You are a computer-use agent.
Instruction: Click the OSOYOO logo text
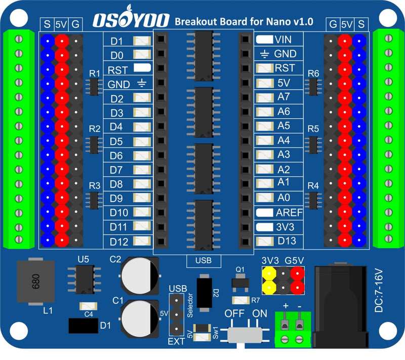pos(130,21)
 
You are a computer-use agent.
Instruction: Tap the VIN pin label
pos(282,39)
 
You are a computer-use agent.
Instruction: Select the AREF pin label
pos(289,212)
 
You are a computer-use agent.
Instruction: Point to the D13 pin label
pos(287,241)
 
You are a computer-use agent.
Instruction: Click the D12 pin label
pos(119,241)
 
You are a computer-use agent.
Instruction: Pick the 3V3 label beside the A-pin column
pos(286,227)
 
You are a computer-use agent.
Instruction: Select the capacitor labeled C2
pos(140,275)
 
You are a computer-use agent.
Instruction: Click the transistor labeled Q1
pos(240,284)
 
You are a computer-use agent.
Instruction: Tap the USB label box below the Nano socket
pos(204,261)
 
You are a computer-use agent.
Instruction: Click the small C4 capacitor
pos(89,306)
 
